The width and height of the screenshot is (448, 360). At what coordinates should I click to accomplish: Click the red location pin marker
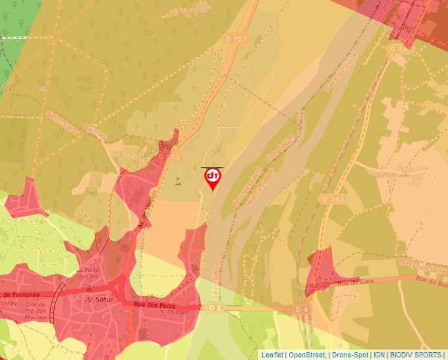(x=213, y=178)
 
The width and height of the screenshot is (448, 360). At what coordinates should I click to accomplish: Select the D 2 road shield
(x=215, y=307)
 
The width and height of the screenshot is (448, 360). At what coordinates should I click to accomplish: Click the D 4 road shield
(x=301, y=309)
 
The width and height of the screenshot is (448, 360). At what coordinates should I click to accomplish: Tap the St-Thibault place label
(x=175, y=312)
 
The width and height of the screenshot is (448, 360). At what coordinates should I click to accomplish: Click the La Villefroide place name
(x=391, y=175)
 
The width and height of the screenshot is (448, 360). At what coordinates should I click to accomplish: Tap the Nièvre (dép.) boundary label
(x=260, y=188)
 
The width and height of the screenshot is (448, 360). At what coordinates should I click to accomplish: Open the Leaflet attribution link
(x=273, y=355)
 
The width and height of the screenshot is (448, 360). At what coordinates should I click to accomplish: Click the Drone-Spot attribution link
(x=350, y=355)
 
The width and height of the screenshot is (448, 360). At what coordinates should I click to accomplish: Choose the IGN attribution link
(x=379, y=355)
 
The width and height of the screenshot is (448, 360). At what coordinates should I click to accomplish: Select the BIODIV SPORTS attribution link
(x=416, y=355)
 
